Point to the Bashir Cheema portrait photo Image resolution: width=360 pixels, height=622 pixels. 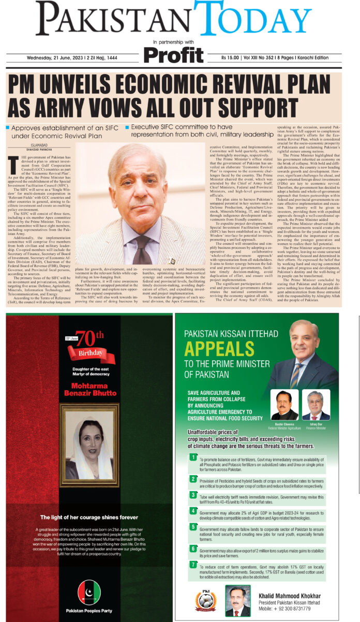coord(284,404)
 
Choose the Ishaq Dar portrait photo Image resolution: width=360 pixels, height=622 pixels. coord(316,404)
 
